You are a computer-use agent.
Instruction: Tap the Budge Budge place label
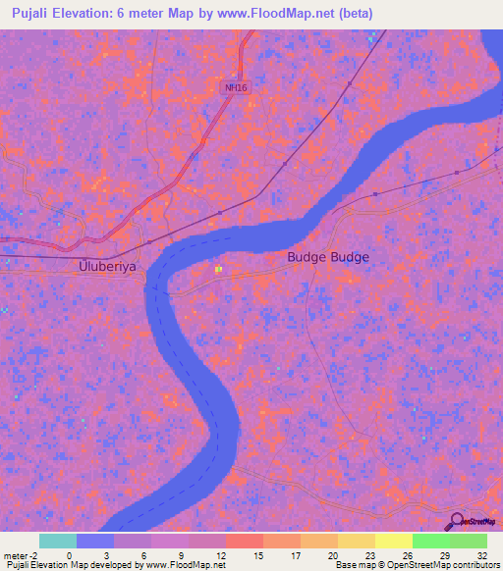(328, 257)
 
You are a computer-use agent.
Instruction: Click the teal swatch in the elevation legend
(57, 541)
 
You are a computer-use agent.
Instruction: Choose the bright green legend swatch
(430, 541)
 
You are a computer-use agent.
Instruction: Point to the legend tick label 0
(69, 554)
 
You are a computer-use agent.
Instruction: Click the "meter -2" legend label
(20, 554)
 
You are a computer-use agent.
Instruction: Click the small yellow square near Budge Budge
(219, 270)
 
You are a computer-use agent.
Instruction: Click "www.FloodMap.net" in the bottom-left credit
(184, 565)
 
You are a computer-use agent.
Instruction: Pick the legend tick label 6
(143, 554)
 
